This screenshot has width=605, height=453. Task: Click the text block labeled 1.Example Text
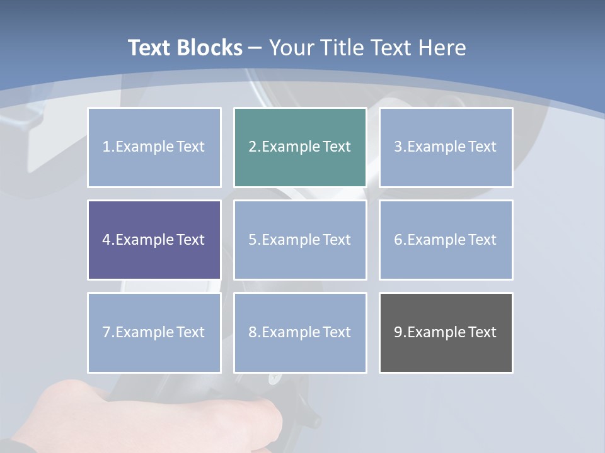pos(154,147)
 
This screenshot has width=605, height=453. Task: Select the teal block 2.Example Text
pos(300,147)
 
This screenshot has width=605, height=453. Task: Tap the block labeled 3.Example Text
pos(446,147)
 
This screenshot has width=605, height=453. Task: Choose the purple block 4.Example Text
pos(154,240)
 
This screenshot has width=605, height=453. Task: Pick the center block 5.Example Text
pos(300,240)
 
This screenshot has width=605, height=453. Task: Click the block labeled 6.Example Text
pos(446,240)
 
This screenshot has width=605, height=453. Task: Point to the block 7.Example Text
pos(154,332)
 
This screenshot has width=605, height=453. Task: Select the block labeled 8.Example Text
pos(300,332)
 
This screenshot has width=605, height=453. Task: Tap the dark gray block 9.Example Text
pos(446,332)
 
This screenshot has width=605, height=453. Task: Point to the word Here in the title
pos(443,48)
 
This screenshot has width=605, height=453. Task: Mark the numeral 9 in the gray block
pos(398,332)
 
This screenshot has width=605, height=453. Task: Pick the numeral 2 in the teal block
pos(252,147)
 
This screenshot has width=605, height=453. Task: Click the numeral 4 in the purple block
pos(107,240)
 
